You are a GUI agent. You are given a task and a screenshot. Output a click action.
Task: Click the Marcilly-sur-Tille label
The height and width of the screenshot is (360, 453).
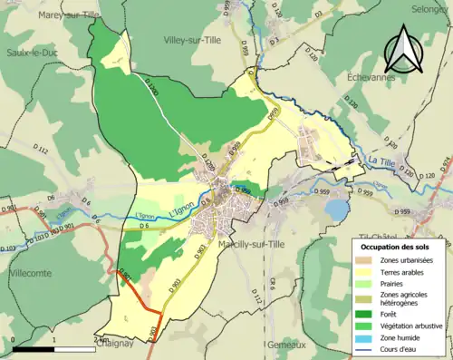click(x=249, y=245)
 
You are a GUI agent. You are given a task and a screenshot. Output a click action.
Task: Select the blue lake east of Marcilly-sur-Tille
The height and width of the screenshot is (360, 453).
click(x=336, y=210)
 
